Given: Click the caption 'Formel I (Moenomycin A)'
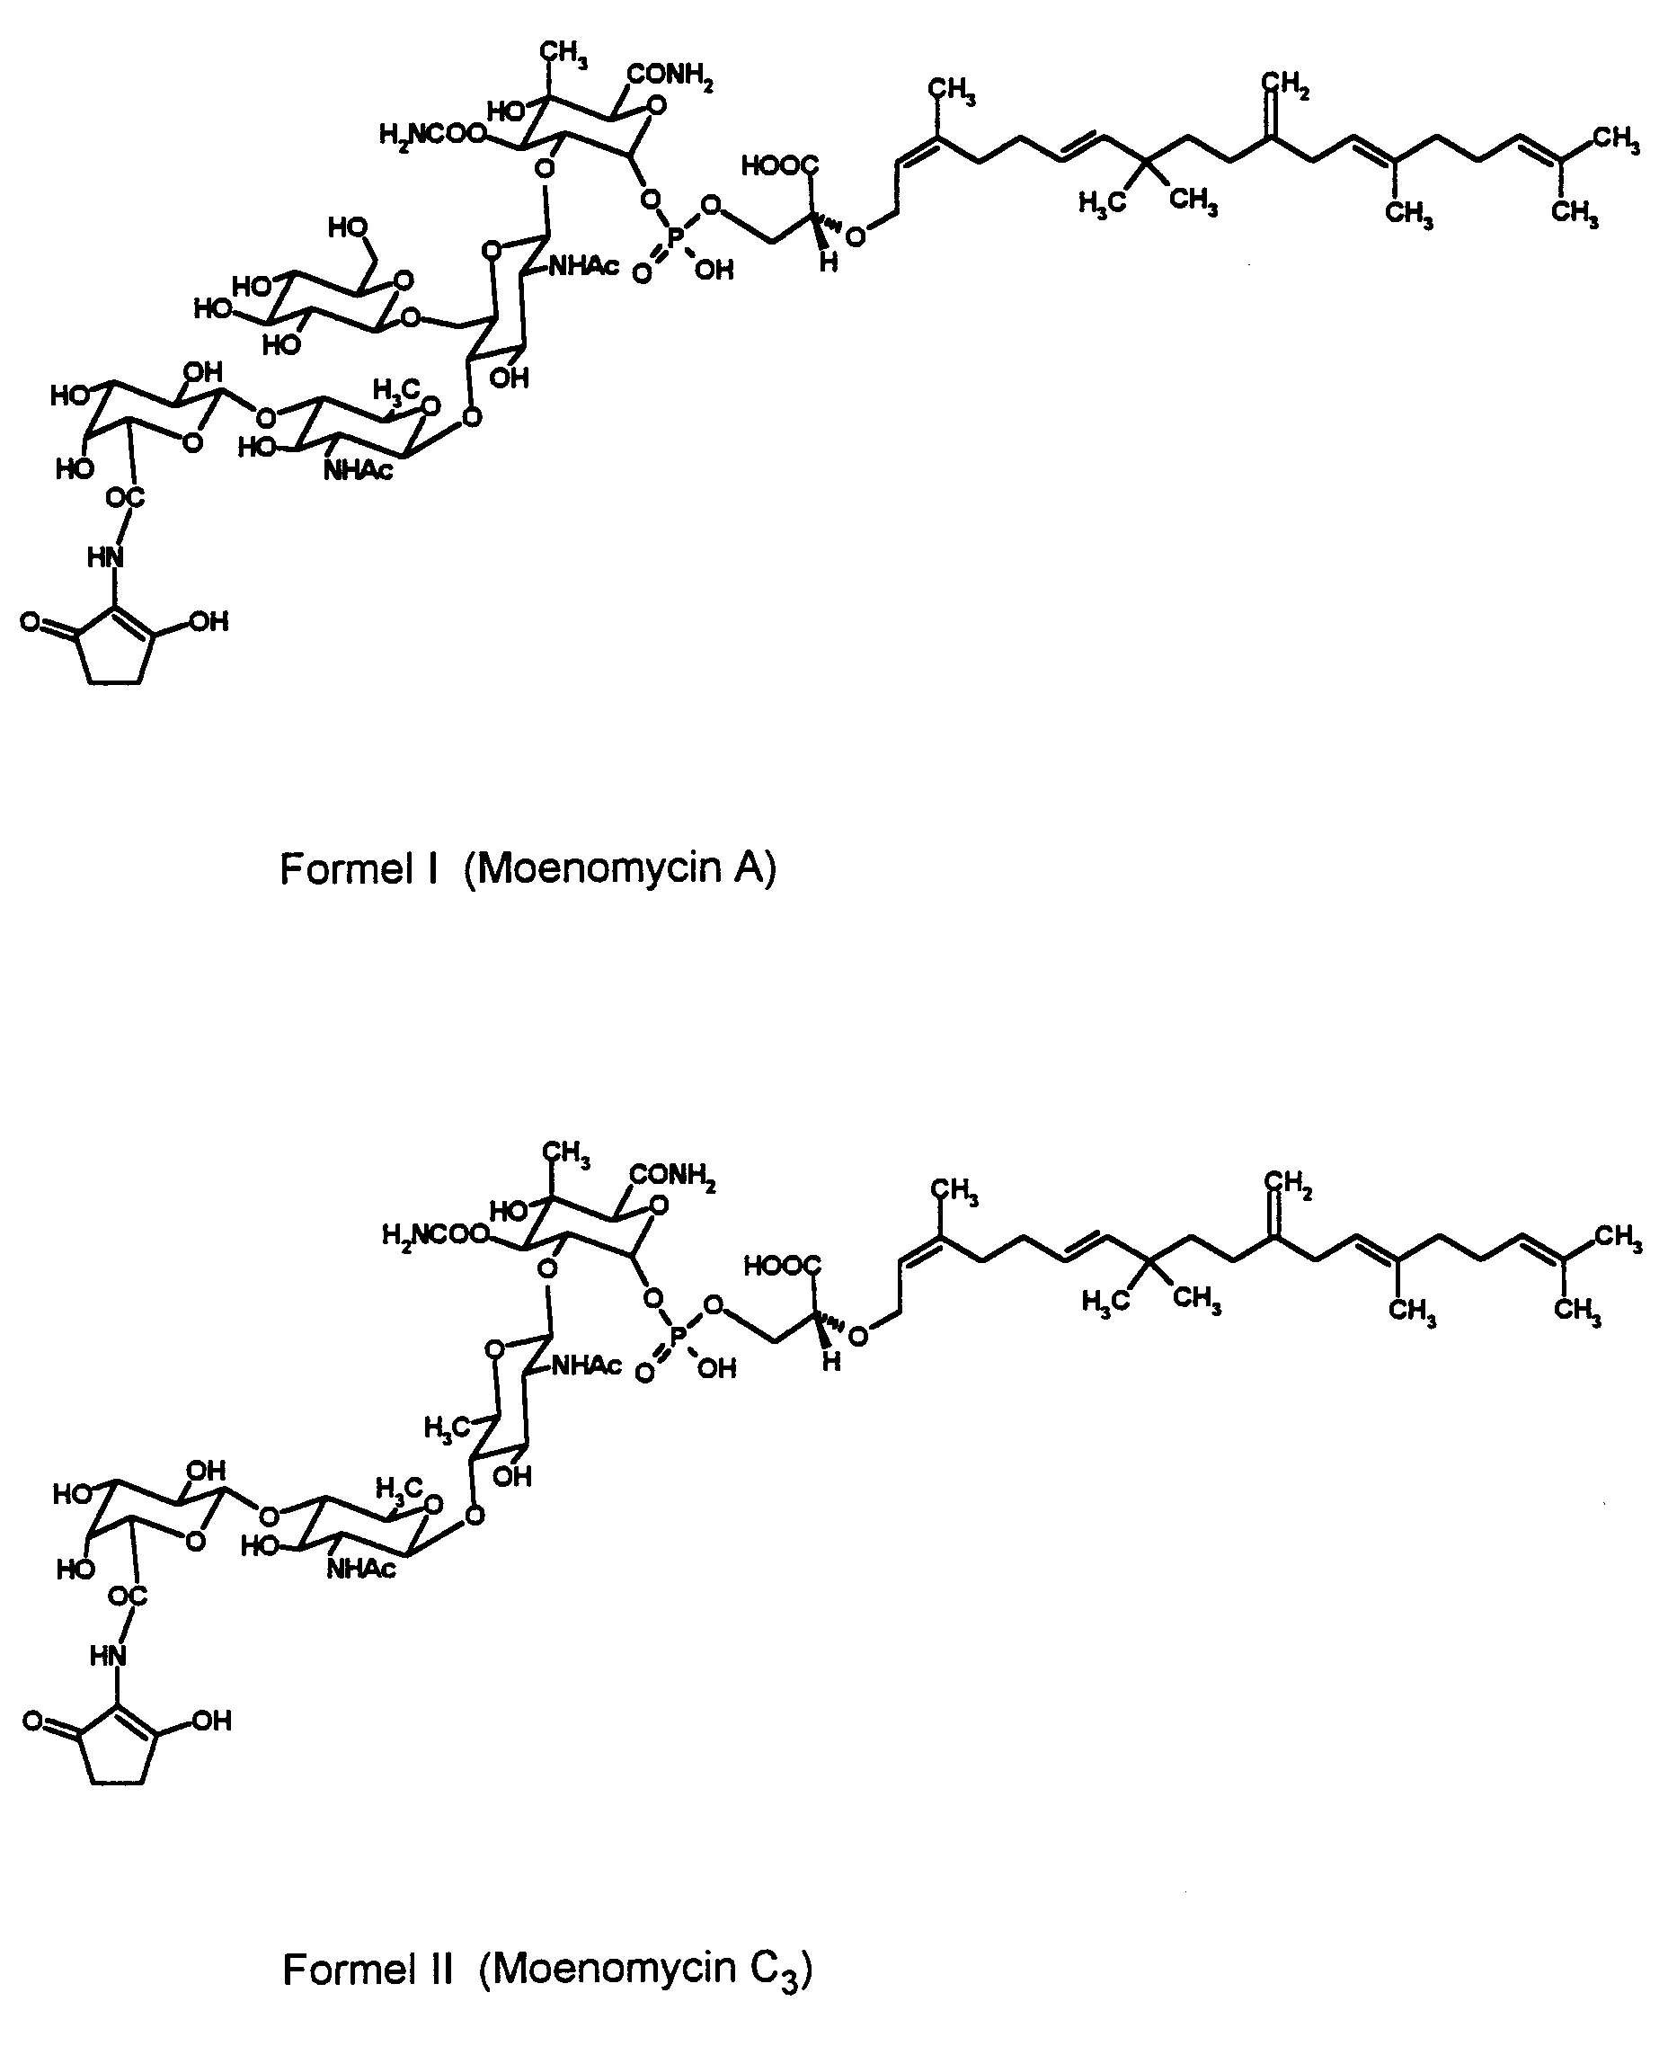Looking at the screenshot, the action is [x=528, y=868].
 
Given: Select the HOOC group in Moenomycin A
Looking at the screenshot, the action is [x=780, y=166].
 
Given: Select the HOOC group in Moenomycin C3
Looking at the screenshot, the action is [x=783, y=1267].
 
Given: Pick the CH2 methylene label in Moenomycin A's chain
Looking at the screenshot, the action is [x=1285, y=85].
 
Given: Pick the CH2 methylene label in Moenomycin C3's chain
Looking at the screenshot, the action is [x=1289, y=1186].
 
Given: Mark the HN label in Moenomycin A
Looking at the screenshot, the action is [x=106, y=557].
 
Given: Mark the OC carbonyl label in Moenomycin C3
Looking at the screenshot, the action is [x=127, y=1597].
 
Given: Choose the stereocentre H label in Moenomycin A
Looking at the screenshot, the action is [x=830, y=262].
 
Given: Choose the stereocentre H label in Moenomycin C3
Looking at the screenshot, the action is [x=832, y=1362].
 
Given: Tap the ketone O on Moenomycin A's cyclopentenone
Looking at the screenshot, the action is [x=31, y=622].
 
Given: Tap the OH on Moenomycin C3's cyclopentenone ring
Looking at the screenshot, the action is [x=210, y=1721].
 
